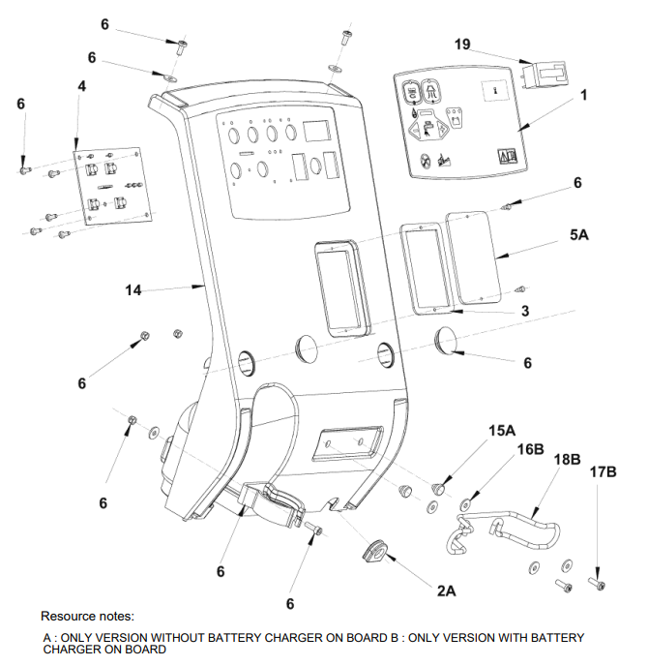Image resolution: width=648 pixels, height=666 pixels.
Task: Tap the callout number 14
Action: click(133, 289)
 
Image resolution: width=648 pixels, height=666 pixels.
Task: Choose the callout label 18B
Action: click(569, 458)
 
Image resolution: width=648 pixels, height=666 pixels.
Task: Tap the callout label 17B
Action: click(603, 472)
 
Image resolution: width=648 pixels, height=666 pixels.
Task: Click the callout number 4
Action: click(82, 86)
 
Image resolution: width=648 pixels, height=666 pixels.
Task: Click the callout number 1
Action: click(584, 96)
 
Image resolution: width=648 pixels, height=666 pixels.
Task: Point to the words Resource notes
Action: click(87, 616)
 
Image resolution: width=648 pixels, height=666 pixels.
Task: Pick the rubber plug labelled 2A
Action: click(372, 551)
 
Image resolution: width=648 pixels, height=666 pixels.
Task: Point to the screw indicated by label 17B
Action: click(596, 584)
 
